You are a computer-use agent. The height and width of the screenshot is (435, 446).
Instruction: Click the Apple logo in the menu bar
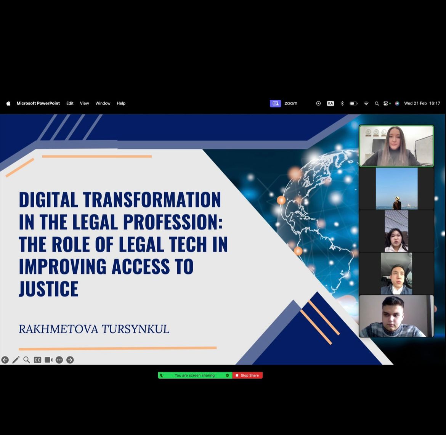click(x=8, y=103)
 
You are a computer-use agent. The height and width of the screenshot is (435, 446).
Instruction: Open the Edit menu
click(x=70, y=103)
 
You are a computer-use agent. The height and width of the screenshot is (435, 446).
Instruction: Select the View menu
click(x=84, y=103)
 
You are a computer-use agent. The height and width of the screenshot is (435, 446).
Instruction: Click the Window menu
click(x=103, y=103)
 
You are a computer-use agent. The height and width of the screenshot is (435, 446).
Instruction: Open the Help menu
click(x=121, y=103)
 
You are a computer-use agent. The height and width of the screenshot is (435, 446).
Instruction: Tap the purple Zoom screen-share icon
click(x=275, y=103)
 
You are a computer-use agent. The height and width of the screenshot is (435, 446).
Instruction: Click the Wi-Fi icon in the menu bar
click(x=366, y=104)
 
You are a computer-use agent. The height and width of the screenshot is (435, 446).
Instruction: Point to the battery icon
click(x=353, y=104)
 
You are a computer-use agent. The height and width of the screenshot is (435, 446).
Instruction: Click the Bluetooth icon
click(x=342, y=104)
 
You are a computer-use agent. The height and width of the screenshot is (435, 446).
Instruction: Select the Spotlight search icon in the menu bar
click(x=377, y=104)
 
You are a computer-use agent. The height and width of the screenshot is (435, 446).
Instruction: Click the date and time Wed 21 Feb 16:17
click(x=422, y=103)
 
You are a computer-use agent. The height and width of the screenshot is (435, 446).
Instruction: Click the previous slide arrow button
click(x=5, y=360)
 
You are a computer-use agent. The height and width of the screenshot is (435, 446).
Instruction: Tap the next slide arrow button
click(x=70, y=360)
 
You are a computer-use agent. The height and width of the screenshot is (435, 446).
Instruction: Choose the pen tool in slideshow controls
click(x=16, y=360)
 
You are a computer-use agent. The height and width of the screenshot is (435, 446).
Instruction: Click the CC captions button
click(x=37, y=360)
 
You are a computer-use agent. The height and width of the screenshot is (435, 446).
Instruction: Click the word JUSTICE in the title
click(x=49, y=289)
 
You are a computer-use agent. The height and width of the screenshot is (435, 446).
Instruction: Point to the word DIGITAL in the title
click(x=48, y=199)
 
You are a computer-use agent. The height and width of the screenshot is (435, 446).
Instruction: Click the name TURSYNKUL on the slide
click(x=135, y=329)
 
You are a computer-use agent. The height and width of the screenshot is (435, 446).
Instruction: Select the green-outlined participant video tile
click(x=396, y=146)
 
